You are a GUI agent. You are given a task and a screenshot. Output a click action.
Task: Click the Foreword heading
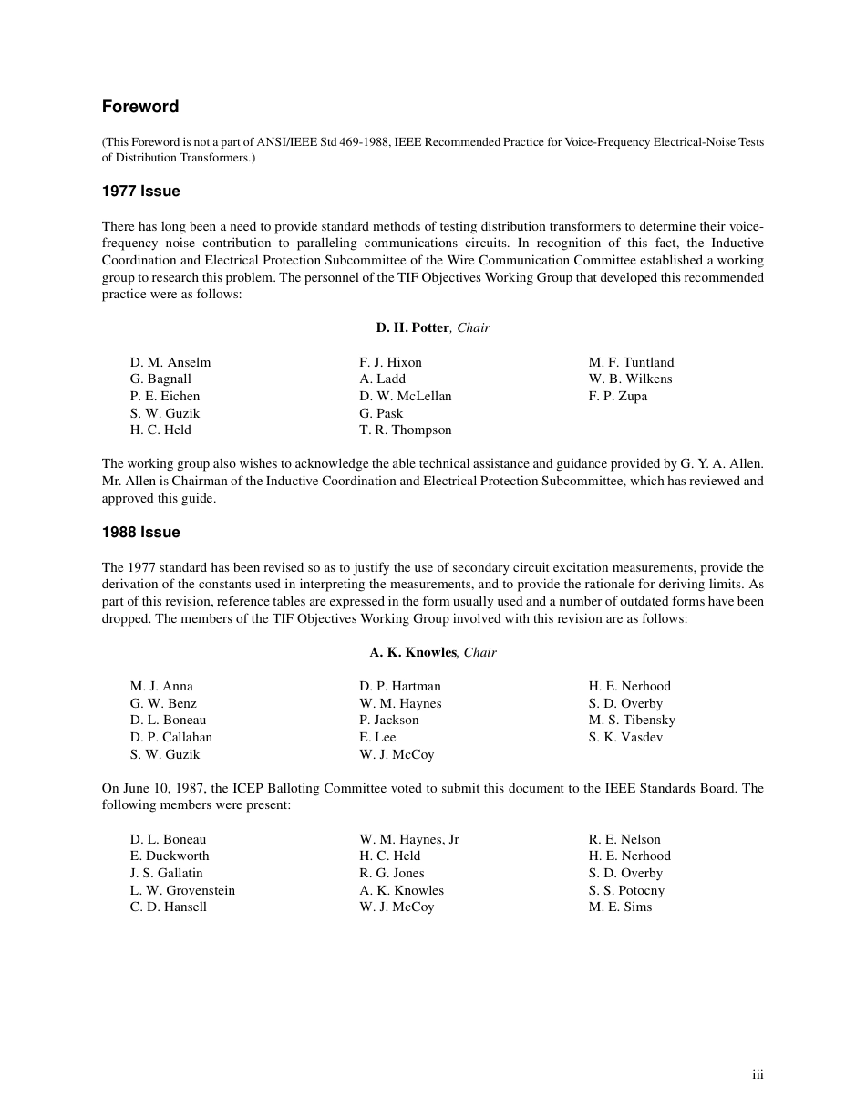pyautogui.click(x=140, y=107)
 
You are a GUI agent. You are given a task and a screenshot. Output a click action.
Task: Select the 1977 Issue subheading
pyautogui.click(x=140, y=192)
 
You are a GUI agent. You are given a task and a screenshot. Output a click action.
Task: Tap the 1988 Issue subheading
pyautogui.click(x=140, y=533)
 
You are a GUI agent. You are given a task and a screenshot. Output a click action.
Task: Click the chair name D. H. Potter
pyautogui.click(x=412, y=327)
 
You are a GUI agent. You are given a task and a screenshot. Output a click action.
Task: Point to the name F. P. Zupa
pyautogui.click(x=618, y=396)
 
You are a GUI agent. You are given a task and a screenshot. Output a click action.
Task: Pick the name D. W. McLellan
pyautogui.click(x=406, y=396)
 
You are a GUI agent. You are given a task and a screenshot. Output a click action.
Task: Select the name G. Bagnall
pyautogui.click(x=160, y=379)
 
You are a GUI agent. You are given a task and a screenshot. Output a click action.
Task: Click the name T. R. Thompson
pyautogui.click(x=406, y=430)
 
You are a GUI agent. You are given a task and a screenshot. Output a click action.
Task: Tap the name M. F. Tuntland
pyautogui.click(x=632, y=362)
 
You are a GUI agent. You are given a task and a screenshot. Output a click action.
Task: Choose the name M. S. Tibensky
pyautogui.click(x=632, y=720)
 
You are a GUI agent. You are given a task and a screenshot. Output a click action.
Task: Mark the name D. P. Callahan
pyautogui.click(x=171, y=737)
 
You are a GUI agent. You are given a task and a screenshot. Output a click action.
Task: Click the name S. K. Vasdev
pyautogui.click(x=625, y=737)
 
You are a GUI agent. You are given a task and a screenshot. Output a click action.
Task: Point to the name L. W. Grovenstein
pyautogui.click(x=182, y=890)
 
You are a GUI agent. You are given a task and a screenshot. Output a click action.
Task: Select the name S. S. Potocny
pyautogui.click(x=626, y=890)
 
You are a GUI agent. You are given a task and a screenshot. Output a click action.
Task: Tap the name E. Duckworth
pyautogui.click(x=170, y=856)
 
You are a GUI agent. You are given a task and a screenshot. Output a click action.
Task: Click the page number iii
pyautogui.click(x=758, y=1075)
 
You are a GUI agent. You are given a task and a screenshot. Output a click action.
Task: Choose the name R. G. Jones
pyautogui.click(x=392, y=873)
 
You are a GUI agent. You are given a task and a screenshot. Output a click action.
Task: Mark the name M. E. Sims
pyautogui.click(x=621, y=907)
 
